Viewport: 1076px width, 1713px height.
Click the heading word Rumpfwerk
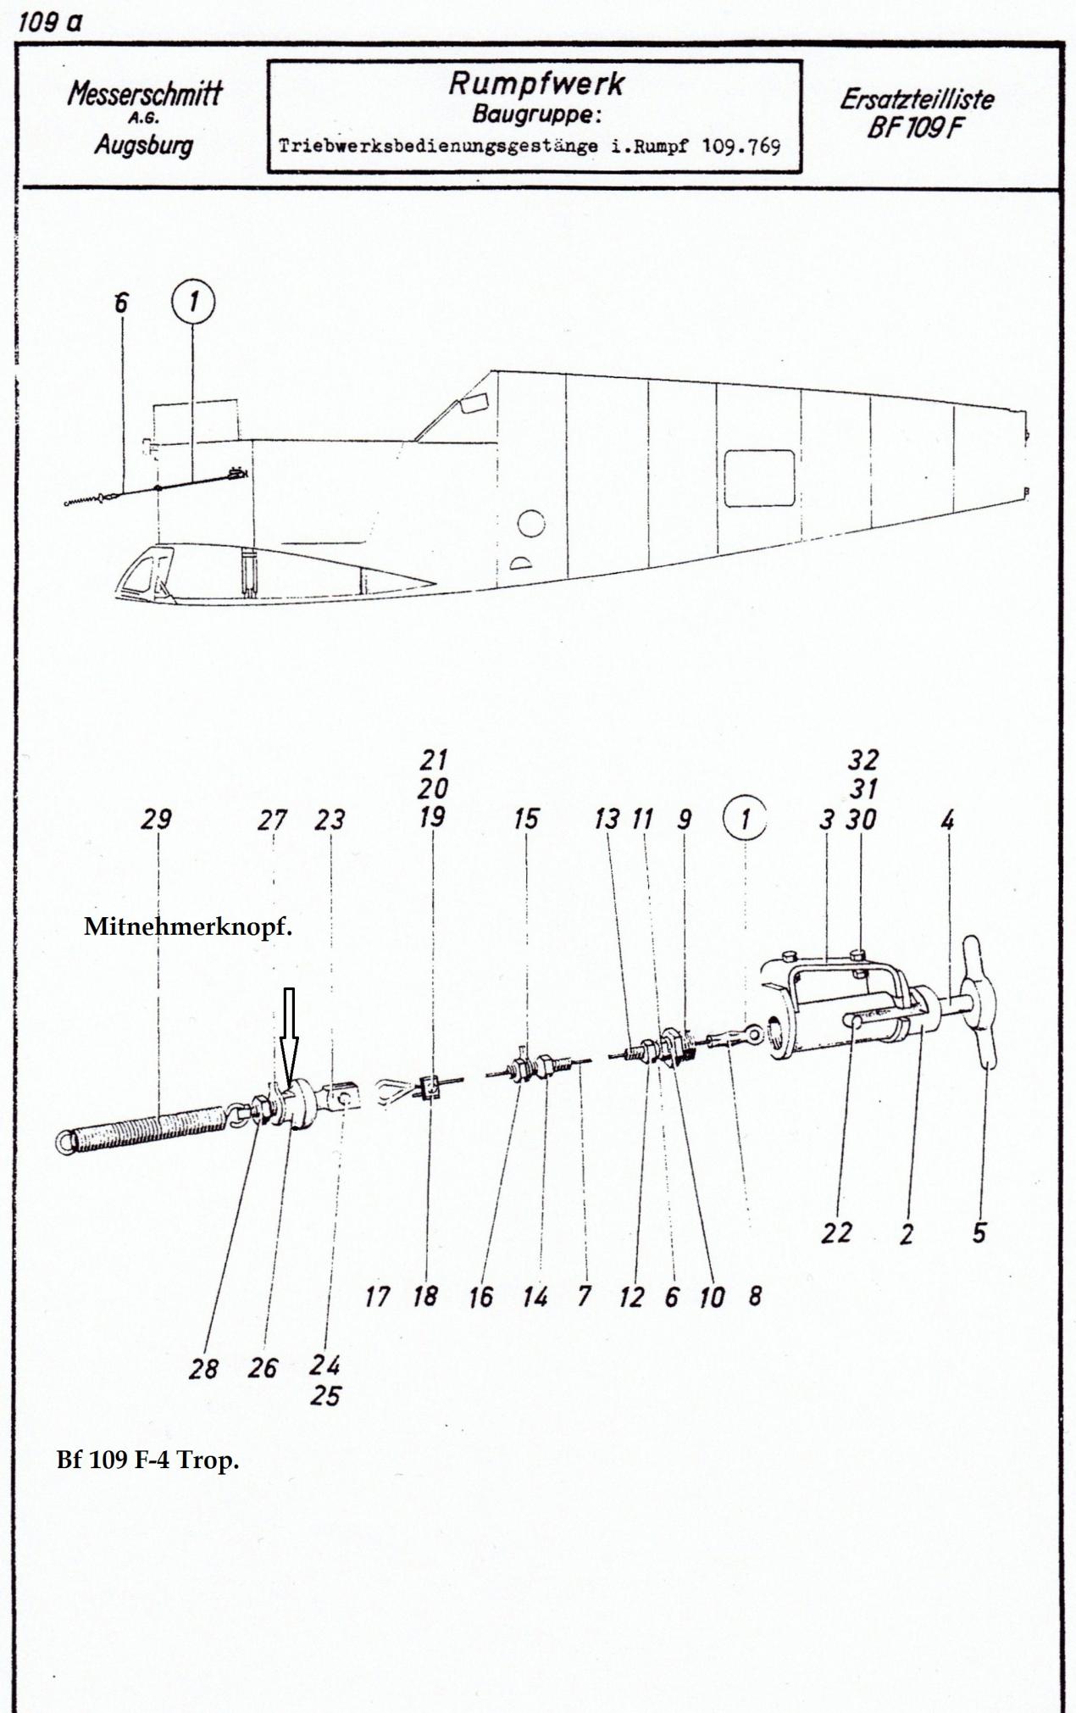click(535, 83)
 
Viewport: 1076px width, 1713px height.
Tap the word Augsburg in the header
click(143, 145)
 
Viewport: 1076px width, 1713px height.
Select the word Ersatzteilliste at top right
click(917, 99)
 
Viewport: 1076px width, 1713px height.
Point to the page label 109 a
click(50, 22)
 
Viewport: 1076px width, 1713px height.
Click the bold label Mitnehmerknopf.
click(188, 926)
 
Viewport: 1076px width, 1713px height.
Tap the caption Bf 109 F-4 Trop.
click(147, 1460)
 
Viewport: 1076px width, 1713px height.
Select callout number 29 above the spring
click(157, 819)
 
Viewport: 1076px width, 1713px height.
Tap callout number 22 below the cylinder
click(835, 1232)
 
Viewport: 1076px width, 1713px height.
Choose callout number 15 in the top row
click(526, 819)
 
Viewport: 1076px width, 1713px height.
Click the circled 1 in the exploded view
click(745, 819)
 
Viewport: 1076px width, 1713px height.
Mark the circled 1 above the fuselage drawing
click(193, 301)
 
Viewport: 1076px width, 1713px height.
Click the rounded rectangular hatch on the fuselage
click(759, 478)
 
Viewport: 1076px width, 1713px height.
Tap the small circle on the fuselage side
click(531, 525)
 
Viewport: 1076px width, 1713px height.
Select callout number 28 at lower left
click(203, 1369)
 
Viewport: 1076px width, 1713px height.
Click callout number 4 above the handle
click(947, 820)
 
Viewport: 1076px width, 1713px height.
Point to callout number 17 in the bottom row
click(377, 1297)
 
